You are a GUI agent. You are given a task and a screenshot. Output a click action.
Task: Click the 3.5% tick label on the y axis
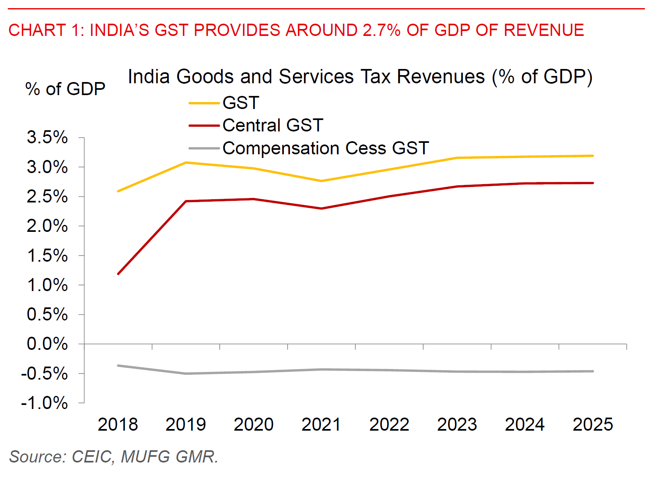(47, 138)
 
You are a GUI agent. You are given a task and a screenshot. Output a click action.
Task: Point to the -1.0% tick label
(45, 403)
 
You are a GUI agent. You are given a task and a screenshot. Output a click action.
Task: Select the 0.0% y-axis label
(47, 344)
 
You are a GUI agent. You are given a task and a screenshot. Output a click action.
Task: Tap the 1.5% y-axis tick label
(47, 256)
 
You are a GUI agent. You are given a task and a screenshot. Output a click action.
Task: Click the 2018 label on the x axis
(118, 425)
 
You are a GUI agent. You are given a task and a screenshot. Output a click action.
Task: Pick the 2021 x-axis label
(321, 425)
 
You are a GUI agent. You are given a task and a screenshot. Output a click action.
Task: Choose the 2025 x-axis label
(593, 425)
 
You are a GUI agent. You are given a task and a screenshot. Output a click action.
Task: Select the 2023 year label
(457, 425)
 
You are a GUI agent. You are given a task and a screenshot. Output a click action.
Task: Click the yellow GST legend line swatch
(204, 103)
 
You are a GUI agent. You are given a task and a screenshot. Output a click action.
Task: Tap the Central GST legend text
(273, 125)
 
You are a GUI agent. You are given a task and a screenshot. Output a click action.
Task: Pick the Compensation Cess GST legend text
(326, 148)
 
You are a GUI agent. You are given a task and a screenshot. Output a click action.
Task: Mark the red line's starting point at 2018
(118, 273)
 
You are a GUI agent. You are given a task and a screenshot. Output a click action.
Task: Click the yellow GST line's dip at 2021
(321, 181)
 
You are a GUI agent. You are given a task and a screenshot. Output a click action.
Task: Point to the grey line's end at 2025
(593, 371)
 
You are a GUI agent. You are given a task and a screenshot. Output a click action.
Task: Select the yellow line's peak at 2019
(186, 162)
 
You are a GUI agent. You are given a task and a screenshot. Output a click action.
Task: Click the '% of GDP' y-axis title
(65, 89)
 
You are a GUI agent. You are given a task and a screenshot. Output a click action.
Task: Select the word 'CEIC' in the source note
(91, 457)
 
